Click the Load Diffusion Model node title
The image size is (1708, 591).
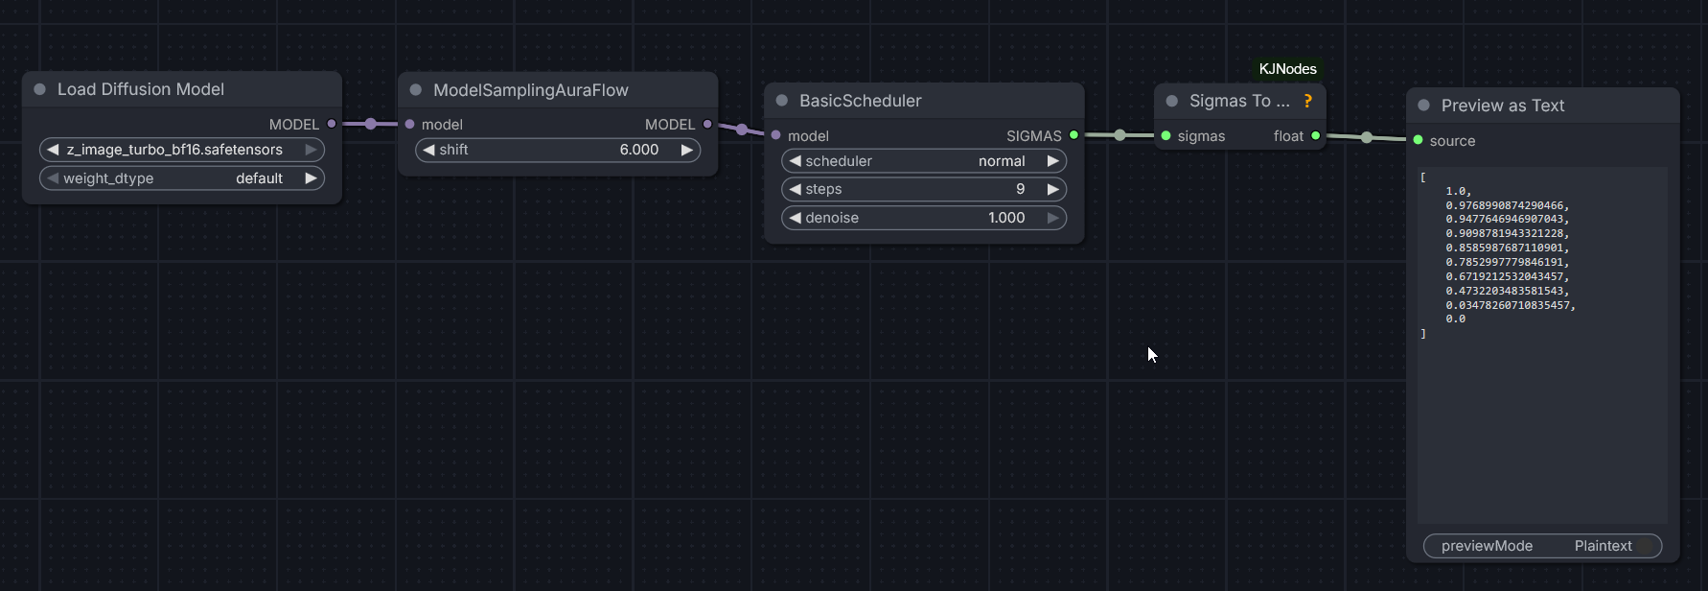(x=141, y=89)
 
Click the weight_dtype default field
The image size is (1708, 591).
(x=181, y=178)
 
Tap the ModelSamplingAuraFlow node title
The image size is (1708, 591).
(x=530, y=90)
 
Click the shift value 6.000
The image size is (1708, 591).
(x=638, y=150)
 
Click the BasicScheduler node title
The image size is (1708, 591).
(x=860, y=101)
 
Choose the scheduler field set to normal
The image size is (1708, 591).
(x=923, y=161)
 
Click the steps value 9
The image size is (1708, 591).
(x=1020, y=189)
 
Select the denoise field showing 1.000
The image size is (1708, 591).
(x=923, y=218)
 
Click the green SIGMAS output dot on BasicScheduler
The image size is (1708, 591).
(x=1073, y=135)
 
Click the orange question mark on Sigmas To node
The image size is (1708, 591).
(x=1307, y=101)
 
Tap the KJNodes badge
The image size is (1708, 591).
(x=1287, y=69)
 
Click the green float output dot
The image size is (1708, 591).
(x=1315, y=135)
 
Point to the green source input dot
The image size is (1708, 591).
(x=1418, y=140)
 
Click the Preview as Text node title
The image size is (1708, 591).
(x=1502, y=106)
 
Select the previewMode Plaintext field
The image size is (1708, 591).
(x=1542, y=546)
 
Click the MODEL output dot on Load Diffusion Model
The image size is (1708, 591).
(x=332, y=124)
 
